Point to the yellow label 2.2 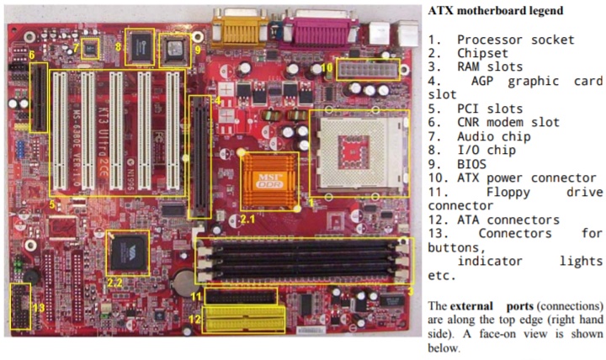[x=117, y=282]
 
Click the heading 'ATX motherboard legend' [x=484, y=11]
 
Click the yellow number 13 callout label [x=37, y=308]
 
